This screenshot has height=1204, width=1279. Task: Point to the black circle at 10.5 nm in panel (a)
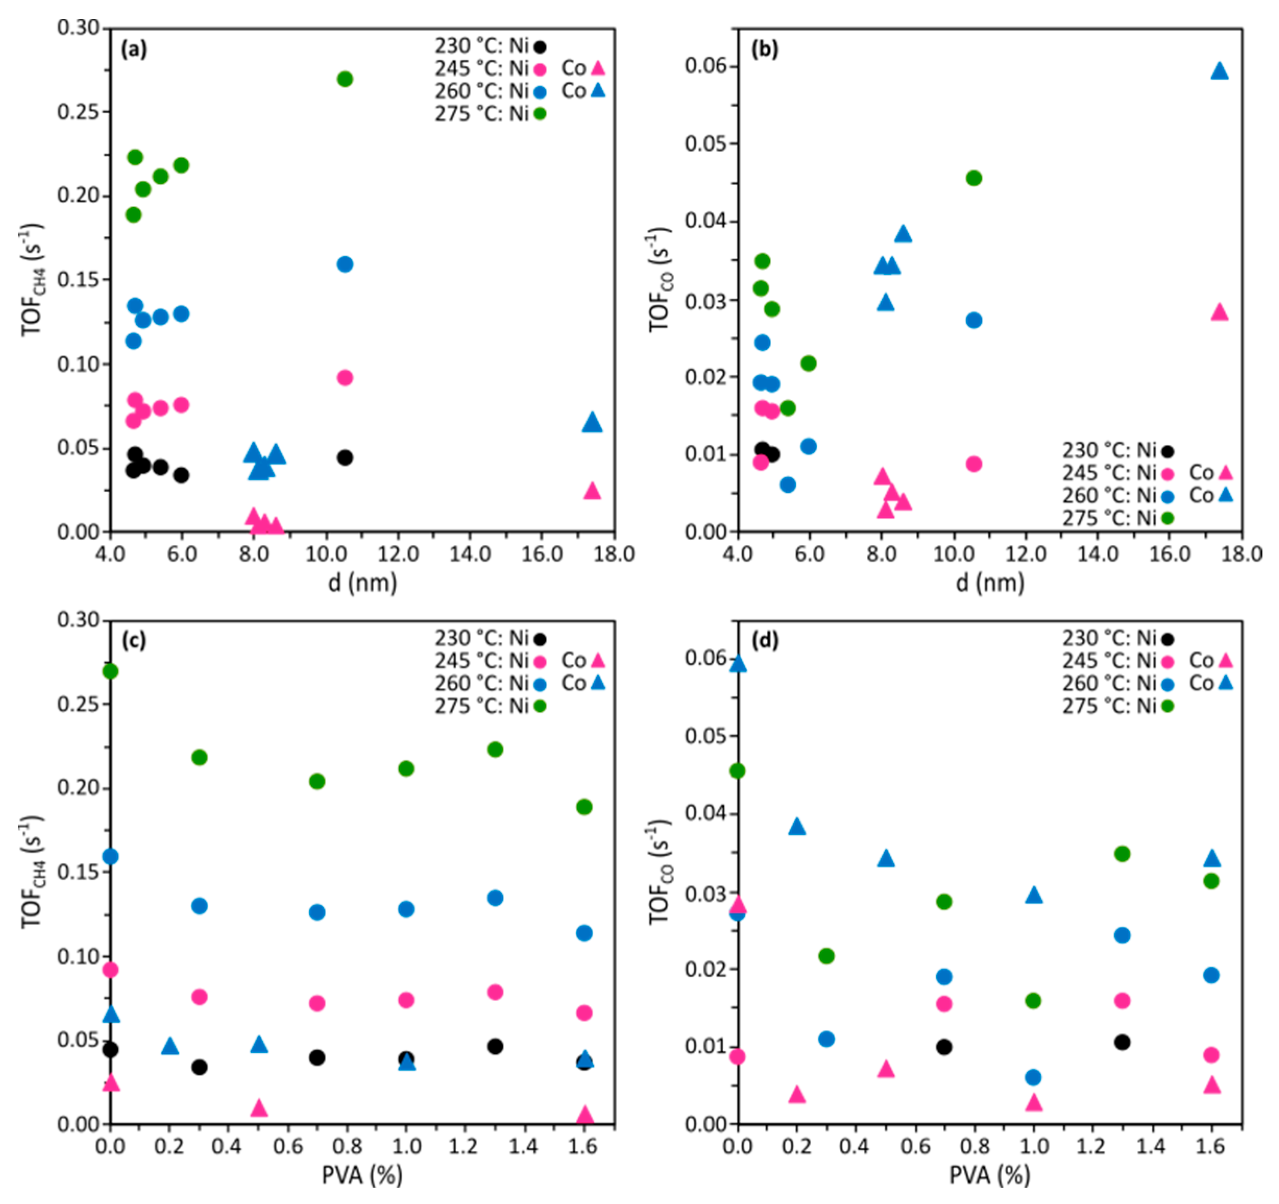point(345,457)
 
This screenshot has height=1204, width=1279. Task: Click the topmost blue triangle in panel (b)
point(1219,71)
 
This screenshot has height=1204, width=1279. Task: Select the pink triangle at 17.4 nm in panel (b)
point(1219,313)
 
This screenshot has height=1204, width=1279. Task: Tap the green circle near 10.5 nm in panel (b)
point(974,178)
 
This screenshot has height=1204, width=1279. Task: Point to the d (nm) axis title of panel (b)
point(990,583)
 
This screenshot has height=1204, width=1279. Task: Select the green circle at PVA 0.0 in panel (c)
point(111,671)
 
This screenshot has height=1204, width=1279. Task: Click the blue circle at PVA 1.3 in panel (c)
point(495,898)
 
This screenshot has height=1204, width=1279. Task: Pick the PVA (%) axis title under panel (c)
point(362,1175)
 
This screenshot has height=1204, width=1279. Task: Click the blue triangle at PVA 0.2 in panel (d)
point(797,827)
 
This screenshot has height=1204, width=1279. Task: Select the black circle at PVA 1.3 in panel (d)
point(1122,1042)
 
